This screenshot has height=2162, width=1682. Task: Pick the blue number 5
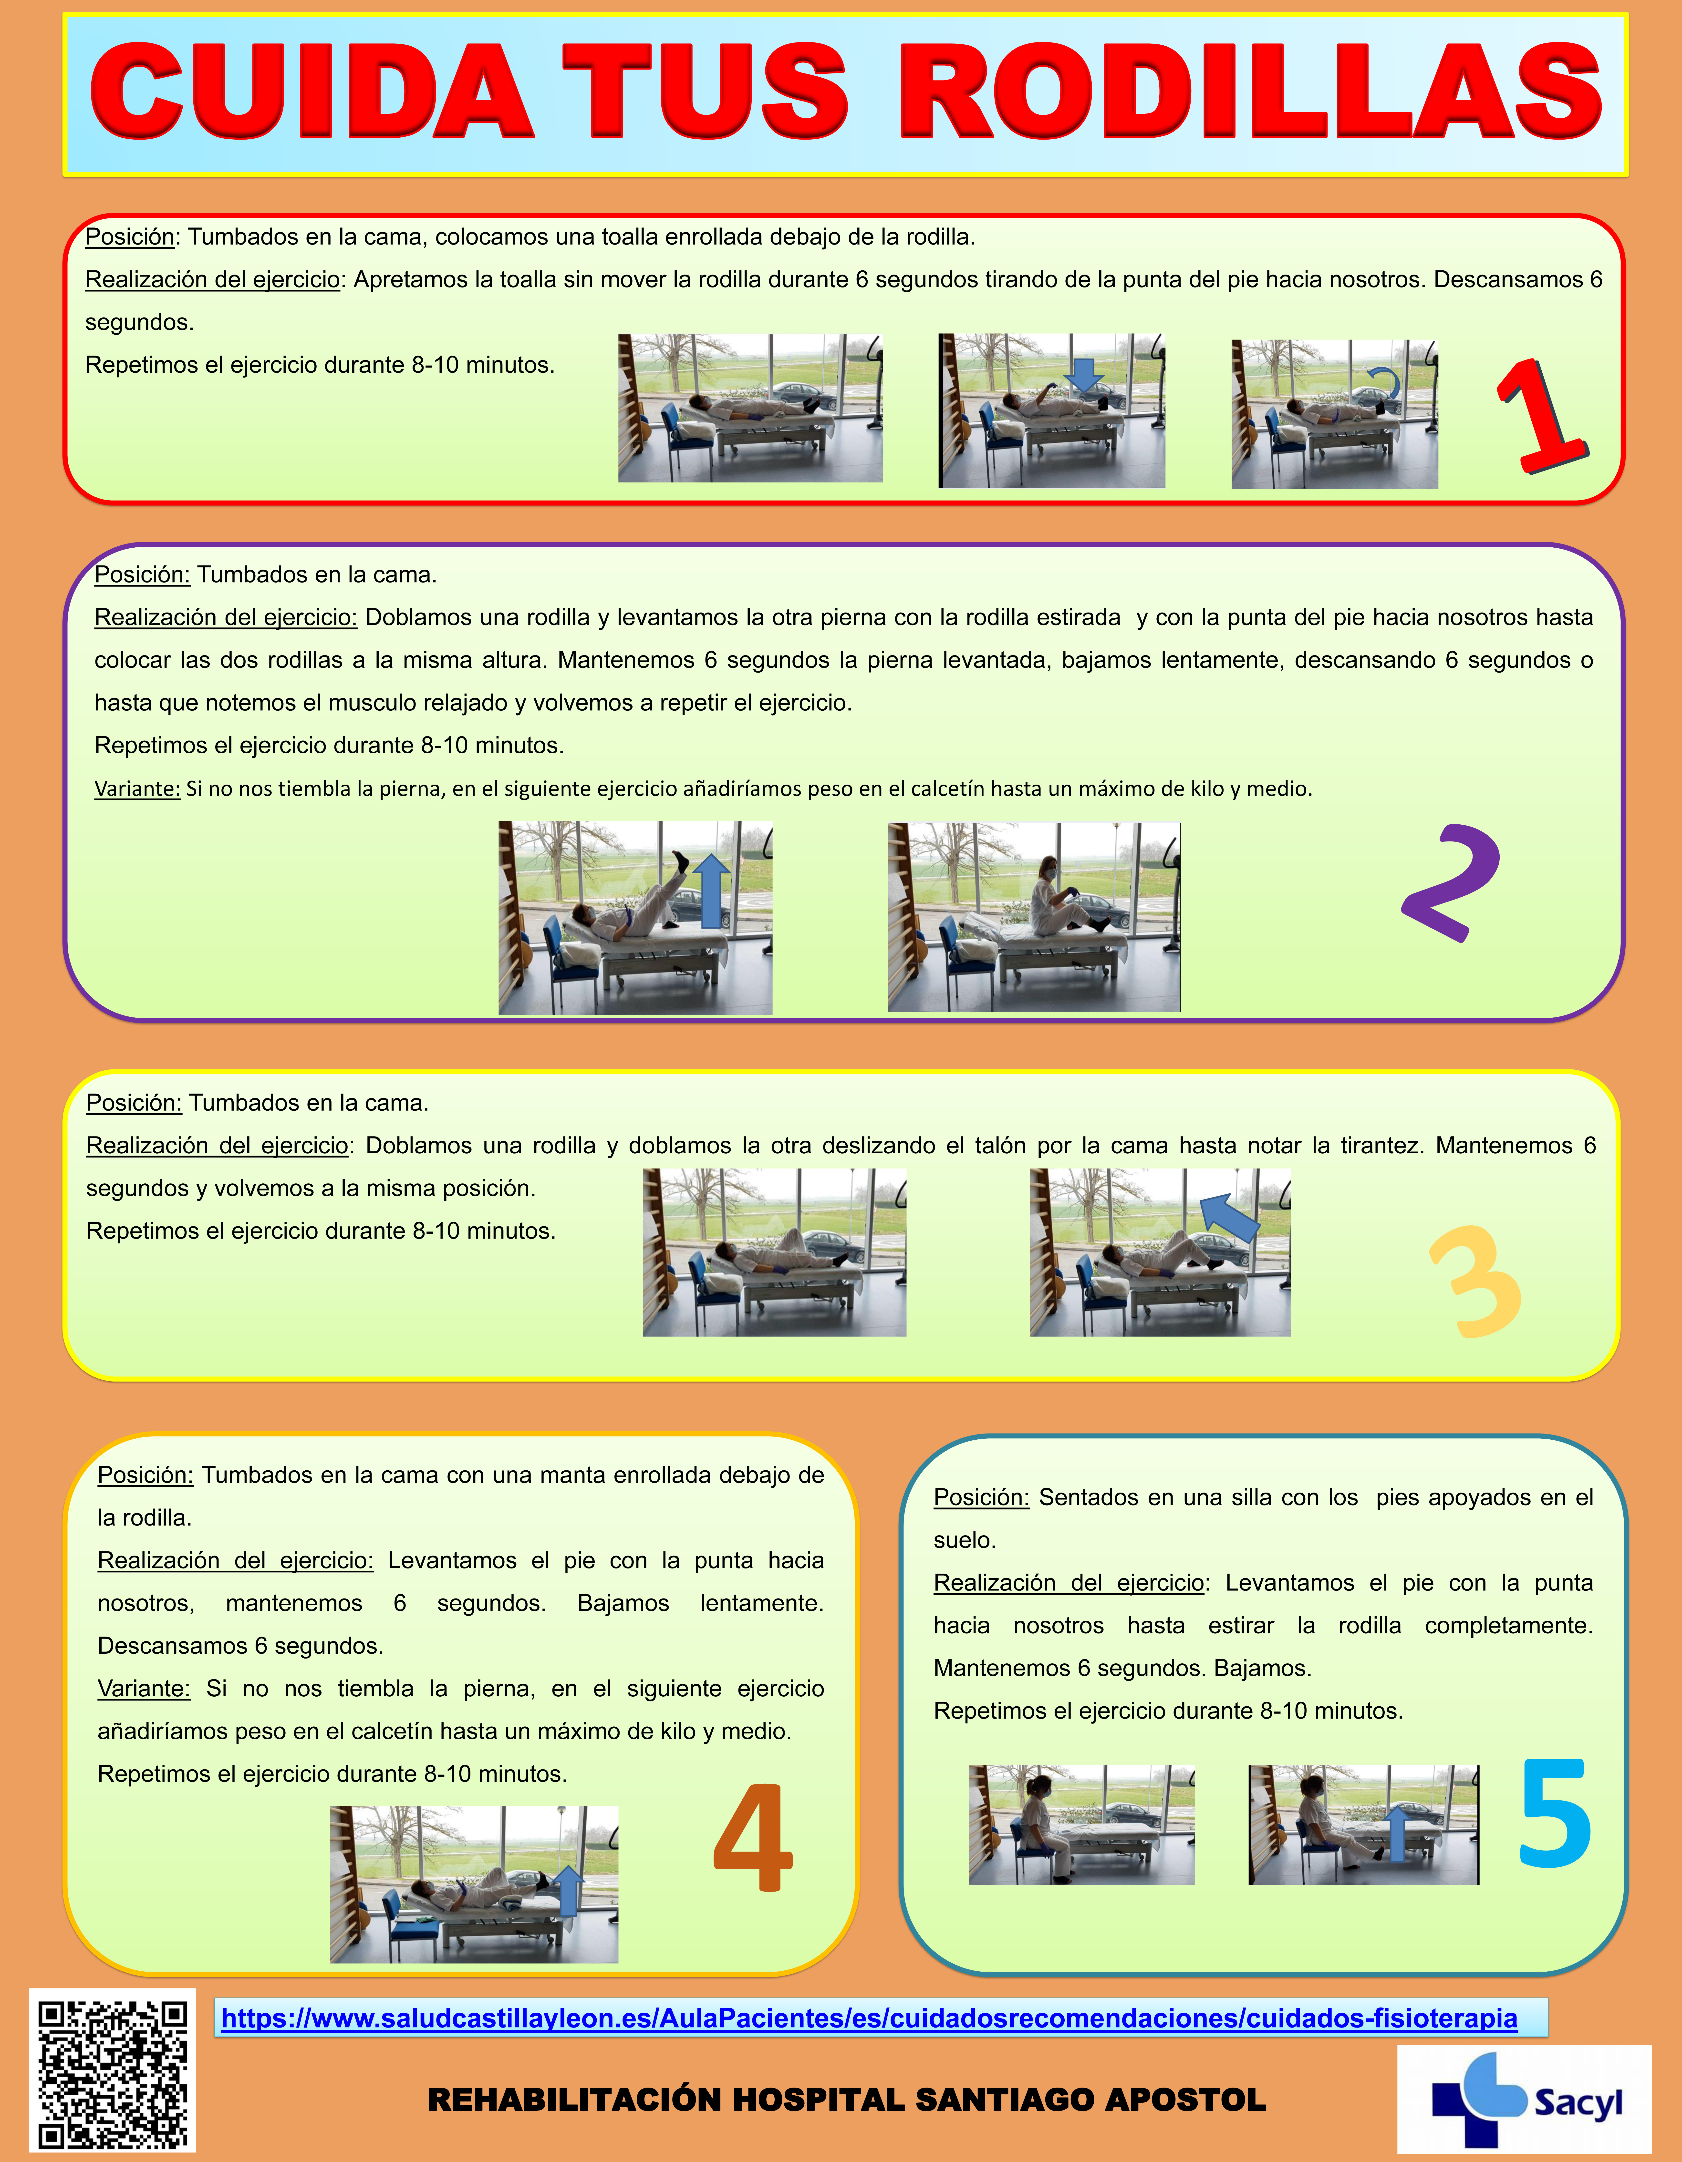coord(1555,1814)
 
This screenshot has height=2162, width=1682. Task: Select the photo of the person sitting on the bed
coord(1034,917)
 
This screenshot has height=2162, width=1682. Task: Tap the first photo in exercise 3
coord(774,1252)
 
